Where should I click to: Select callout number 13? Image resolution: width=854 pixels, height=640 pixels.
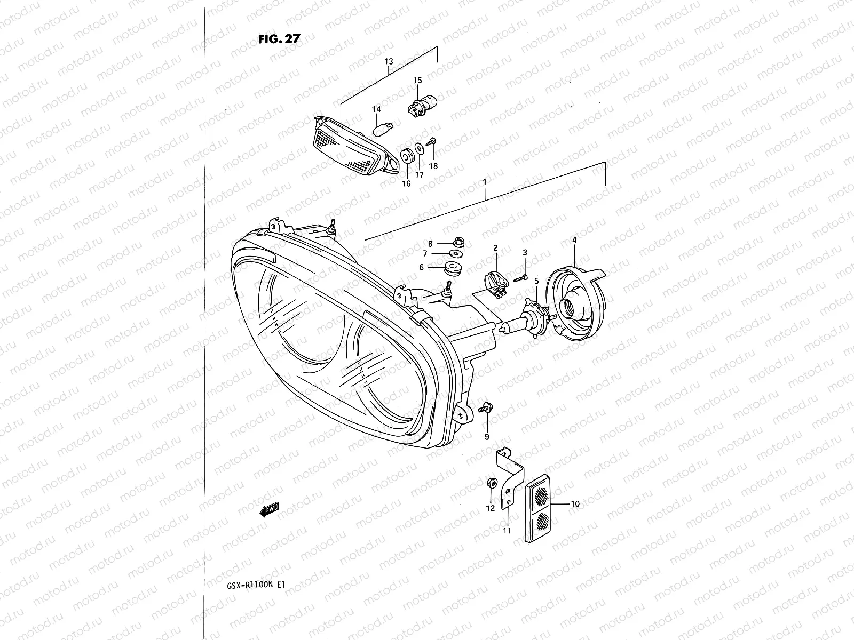(389, 62)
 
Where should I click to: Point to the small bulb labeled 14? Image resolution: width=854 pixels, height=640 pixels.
(379, 130)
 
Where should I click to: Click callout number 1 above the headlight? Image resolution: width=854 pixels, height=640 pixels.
(485, 182)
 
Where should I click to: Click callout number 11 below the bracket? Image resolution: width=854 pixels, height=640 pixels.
(507, 530)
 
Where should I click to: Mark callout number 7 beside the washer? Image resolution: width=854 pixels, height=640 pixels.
(425, 253)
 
